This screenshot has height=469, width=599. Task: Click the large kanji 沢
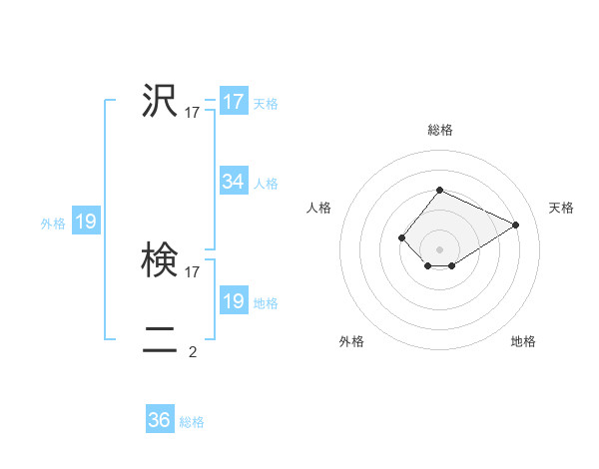(x=160, y=100)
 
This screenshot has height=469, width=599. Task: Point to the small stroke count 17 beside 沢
(x=193, y=113)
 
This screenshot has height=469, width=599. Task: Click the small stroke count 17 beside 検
(x=193, y=271)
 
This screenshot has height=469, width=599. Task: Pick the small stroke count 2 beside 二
(x=193, y=351)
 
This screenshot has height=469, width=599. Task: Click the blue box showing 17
(x=234, y=102)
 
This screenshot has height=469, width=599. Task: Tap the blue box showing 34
(x=234, y=182)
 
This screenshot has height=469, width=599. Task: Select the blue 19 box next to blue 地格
(x=234, y=301)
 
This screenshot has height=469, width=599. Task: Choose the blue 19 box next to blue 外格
(x=86, y=222)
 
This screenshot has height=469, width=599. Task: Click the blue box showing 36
(x=160, y=420)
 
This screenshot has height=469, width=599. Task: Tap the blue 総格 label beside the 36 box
(x=192, y=422)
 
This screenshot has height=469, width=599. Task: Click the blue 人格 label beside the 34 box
(x=266, y=184)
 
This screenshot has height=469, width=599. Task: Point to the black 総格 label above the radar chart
(x=439, y=130)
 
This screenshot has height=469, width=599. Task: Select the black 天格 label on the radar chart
(x=561, y=208)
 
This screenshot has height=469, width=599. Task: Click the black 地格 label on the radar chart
(x=523, y=341)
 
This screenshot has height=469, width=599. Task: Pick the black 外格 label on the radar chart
(x=351, y=341)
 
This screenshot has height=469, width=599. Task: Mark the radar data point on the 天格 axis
(x=516, y=225)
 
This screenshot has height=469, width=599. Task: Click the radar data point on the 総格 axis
(x=439, y=190)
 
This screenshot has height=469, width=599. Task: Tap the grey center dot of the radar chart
(x=439, y=248)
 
